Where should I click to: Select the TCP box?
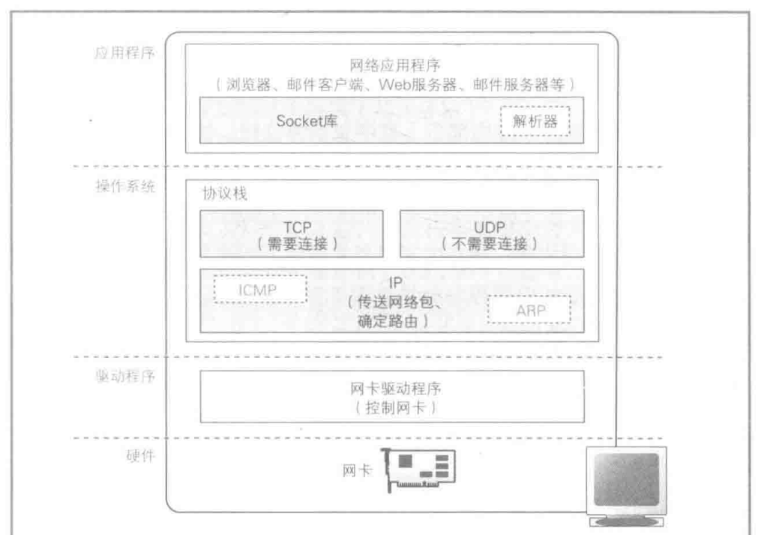point(291,233)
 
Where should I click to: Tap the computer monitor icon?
point(629,483)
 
